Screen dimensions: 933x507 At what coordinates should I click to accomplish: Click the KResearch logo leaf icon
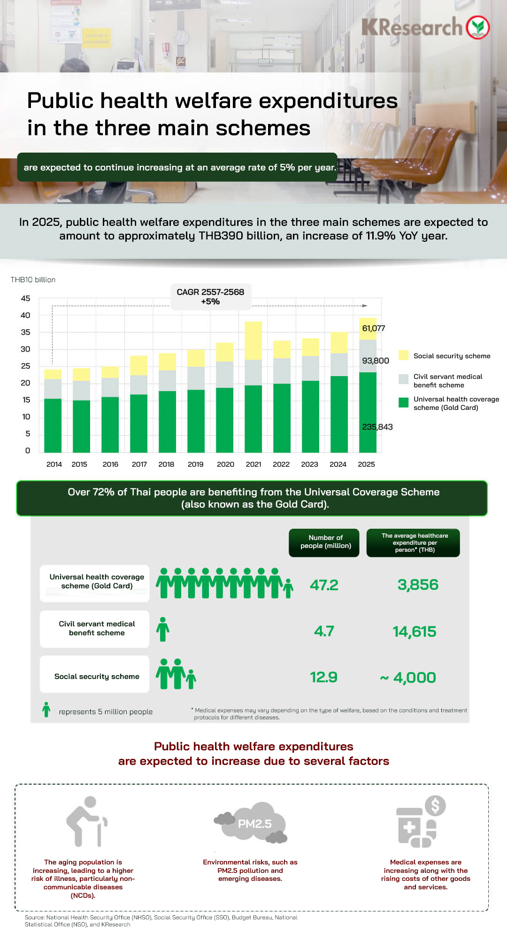click(478, 27)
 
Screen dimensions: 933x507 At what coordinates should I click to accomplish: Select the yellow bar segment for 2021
click(253, 340)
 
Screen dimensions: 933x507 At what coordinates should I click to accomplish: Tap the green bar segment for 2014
click(53, 425)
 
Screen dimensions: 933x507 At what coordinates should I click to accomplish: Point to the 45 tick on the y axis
click(25, 299)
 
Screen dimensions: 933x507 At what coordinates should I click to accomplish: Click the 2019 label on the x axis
click(195, 464)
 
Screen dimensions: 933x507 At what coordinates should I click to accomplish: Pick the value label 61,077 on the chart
click(373, 328)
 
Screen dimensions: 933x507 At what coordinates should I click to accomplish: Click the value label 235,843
click(377, 427)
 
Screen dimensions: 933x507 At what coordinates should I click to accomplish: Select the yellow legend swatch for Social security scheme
click(403, 355)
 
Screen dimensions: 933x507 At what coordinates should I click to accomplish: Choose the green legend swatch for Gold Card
click(403, 402)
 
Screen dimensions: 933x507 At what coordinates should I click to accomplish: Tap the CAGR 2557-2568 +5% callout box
click(210, 297)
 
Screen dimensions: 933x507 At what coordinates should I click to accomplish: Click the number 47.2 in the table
click(324, 585)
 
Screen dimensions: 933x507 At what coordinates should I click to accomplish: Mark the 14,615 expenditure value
click(414, 632)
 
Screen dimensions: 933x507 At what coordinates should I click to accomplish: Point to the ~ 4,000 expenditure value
click(408, 678)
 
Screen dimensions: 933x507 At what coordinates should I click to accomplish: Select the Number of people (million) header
click(326, 542)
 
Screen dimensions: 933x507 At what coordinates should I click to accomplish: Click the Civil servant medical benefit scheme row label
click(97, 628)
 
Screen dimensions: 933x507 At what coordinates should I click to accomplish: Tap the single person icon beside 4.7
click(163, 629)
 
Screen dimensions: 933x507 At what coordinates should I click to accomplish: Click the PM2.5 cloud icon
click(252, 824)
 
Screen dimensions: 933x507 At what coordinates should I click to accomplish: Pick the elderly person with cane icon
click(86, 821)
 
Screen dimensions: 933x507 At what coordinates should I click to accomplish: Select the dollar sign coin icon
click(435, 806)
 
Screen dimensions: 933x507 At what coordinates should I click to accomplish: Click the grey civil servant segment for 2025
click(368, 356)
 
